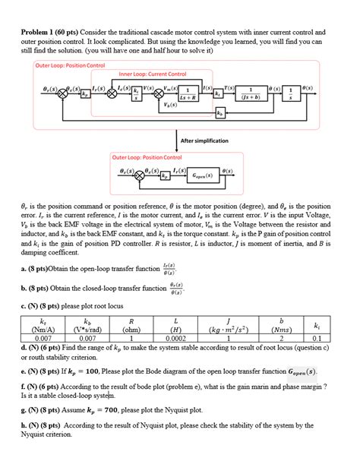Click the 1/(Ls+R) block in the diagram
[x=187, y=93]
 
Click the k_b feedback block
[x=219, y=113]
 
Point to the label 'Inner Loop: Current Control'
[x=153, y=74]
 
